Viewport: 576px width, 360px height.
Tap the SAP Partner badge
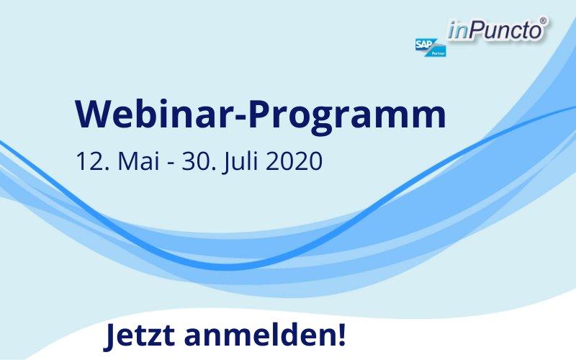point(431,48)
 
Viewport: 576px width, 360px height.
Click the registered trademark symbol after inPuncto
point(543,21)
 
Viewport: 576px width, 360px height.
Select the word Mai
point(138,161)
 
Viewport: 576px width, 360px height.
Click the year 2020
point(294,161)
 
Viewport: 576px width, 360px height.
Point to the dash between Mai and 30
point(171,163)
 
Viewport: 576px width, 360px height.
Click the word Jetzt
point(139,336)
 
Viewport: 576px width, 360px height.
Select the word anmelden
point(259,335)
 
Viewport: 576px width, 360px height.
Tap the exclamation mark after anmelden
point(341,335)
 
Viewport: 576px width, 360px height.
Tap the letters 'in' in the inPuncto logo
point(458,30)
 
